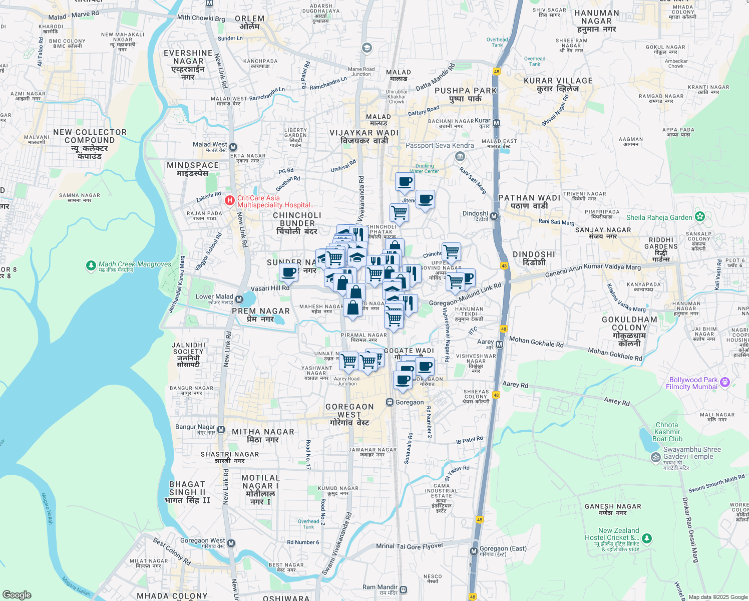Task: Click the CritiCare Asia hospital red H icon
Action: pos(229,201)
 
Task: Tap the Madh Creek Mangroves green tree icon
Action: pos(91,265)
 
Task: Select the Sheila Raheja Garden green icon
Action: pos(700,217)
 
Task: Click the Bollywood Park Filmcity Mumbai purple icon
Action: pos(724,383)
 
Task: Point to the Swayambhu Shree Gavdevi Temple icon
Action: pos(655,457)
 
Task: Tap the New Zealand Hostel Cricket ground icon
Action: pos(647,538)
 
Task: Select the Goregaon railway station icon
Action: pos(390,402)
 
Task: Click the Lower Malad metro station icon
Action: pos(239,299)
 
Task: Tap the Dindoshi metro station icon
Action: pos(494,216)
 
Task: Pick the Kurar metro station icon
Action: pos(496,123)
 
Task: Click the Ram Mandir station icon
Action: pos(404,589)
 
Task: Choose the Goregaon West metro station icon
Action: pos(230,543)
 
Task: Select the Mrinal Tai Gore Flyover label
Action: pos(410,546)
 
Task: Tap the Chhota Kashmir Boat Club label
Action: pos(667,432)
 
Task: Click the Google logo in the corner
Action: pos(17,594)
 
